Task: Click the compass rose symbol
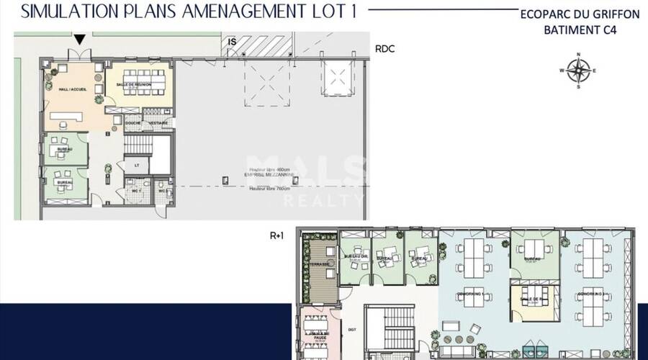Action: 578,70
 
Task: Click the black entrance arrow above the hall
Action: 80,40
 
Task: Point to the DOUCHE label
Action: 132,123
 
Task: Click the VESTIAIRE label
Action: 158,123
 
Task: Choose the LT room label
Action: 136,166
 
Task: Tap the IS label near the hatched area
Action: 233,42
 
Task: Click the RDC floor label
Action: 385,50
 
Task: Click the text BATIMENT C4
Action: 580,30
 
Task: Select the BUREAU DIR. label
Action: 355,257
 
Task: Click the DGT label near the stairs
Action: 352,329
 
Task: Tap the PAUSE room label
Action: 318,336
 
